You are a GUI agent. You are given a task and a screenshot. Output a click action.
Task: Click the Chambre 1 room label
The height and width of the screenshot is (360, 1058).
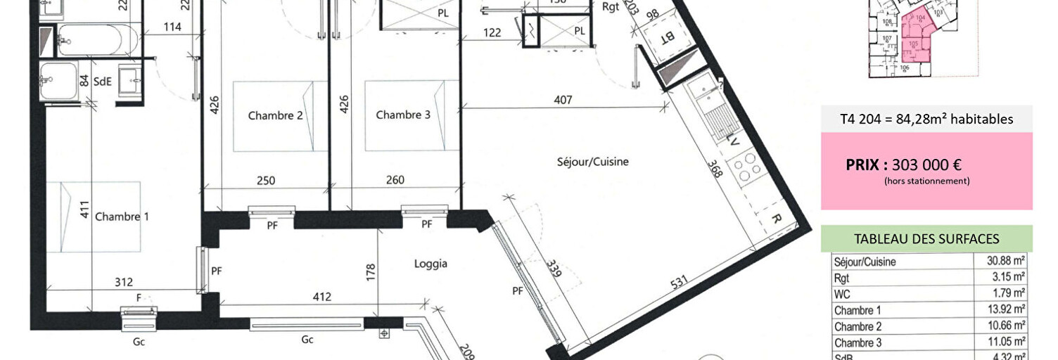(122, 217)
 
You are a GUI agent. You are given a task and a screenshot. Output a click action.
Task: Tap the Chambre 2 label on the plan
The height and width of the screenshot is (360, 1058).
(275, 115)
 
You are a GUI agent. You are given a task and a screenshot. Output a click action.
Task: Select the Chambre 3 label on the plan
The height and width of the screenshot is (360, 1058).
(402, 115)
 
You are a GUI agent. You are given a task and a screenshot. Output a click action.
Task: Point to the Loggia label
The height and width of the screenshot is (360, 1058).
(431, 264)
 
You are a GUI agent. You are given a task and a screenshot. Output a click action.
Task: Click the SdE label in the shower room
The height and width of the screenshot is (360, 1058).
(103, 82)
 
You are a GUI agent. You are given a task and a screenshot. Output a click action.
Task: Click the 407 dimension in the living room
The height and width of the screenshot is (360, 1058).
(563, 100)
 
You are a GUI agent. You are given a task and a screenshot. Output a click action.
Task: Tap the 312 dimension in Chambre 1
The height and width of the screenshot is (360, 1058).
(123, 283)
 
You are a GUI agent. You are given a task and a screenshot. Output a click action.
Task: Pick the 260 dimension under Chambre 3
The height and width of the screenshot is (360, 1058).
(395, 180)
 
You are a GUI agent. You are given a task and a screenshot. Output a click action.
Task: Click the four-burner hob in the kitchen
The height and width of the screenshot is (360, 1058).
(745, 168)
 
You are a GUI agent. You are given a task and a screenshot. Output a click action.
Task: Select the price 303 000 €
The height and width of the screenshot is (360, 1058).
(926, 165)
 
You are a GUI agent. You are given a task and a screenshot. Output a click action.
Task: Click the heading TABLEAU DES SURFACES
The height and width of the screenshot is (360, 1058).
(926, 239)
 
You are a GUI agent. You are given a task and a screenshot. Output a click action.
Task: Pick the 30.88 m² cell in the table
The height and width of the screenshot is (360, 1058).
(1005, 261)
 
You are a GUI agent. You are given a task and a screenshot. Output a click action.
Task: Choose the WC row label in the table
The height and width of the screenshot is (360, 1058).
(843, 294)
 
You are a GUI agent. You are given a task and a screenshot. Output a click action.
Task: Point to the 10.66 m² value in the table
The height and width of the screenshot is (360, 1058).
(1005, 326)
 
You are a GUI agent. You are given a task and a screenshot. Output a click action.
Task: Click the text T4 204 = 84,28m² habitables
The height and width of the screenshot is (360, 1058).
(926, 120)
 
